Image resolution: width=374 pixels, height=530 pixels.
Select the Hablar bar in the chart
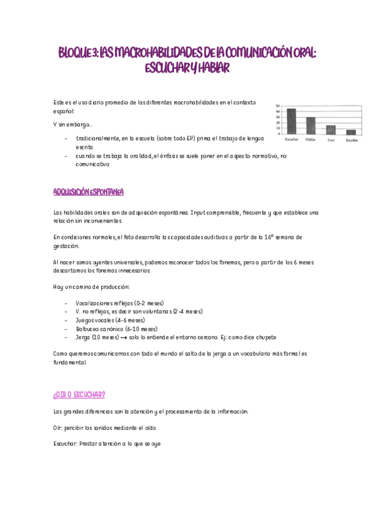[310, 125]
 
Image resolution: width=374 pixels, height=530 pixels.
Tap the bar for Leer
[331, 129]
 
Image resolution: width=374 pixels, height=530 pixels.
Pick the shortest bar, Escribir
[351, 131]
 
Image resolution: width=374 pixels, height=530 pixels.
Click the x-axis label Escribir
[352, 139]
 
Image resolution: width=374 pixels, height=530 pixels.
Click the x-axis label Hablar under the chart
[310, 139]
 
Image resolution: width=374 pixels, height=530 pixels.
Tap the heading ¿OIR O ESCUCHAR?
[79, 394]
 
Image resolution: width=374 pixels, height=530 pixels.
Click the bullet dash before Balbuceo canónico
[66, 329]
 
